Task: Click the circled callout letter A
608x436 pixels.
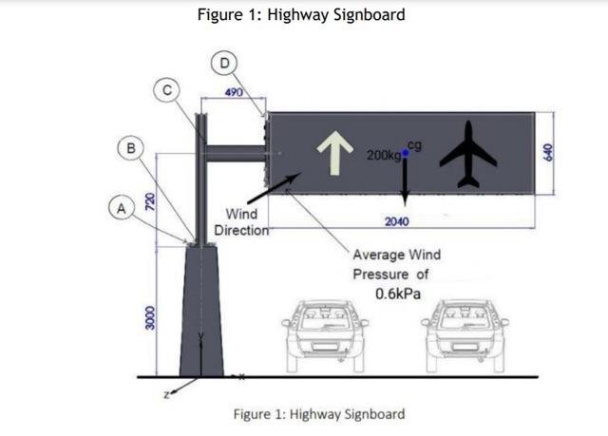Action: [120, 205]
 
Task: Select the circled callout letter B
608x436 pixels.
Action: [131, 147]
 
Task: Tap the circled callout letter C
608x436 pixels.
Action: [166, 90]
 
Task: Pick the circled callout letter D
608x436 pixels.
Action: [224, 64]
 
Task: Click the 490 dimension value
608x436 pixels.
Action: [232, 92]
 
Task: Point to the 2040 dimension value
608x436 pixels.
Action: [397, 221]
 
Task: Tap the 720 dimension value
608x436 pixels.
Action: [149, 201]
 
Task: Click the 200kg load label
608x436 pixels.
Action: [382, 153]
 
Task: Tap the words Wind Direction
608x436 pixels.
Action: [242, 222]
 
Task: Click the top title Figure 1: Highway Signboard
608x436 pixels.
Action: [301, 14]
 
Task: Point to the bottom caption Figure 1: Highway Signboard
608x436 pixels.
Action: [319, 414]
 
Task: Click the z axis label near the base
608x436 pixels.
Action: [167, 390]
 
